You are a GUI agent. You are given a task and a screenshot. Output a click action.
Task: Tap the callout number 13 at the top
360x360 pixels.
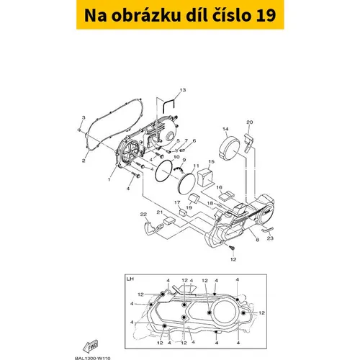(x=183, y=90)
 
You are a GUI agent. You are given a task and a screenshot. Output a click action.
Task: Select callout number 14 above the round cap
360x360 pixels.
(x=225, y=129)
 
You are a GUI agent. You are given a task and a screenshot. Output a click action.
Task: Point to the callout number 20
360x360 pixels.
(x=250, y=122)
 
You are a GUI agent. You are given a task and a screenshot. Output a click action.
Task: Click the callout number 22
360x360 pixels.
(x=143, y=214)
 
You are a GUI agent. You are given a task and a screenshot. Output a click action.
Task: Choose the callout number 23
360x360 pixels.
(x=270, y=238)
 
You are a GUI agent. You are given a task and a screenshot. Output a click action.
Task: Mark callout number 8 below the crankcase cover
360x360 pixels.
(x=258, y=240)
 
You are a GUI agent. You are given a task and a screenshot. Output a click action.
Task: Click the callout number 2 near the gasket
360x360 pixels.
(x=84, y=161)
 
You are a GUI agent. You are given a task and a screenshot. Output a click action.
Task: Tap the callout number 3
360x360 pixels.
(x=84, y=117)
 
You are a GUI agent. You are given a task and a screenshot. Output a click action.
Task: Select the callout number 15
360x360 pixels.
(x=211, y=161)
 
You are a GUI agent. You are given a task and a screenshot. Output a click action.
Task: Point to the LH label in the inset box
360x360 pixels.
(x=130, y=279)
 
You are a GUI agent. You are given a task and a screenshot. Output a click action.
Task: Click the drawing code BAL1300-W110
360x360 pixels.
(x=93, y=358)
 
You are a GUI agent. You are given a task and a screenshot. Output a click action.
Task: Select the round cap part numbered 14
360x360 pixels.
(x=230, y=147)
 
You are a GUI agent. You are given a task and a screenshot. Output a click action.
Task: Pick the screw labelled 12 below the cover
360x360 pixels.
(x=232, y=248)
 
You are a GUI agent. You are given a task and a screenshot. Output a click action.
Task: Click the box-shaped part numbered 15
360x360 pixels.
(x=205, y=177)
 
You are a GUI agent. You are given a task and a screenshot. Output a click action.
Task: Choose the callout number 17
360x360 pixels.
(x=177, y=203)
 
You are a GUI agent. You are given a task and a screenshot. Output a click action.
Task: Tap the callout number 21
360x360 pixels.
(x=160, y=212)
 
